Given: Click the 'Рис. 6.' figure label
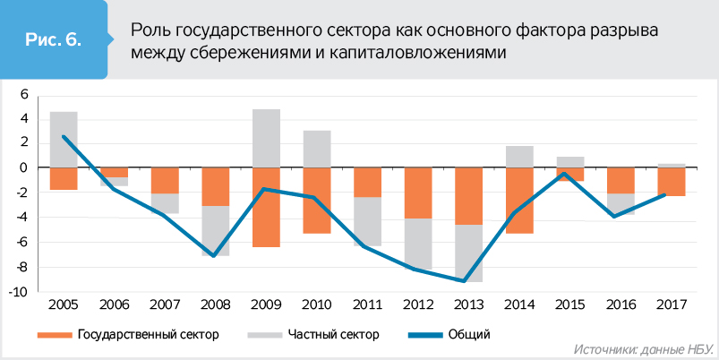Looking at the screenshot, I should point(55,40).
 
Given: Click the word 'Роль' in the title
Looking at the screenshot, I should point(150,30).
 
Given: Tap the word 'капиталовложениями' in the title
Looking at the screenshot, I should point(432,54).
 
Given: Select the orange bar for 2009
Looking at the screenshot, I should point(266,207).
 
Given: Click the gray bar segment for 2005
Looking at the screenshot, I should point(64,139).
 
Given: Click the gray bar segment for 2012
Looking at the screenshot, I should point(418,243).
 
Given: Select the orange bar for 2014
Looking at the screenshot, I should point(520,201).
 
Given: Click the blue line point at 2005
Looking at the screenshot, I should point(64,136).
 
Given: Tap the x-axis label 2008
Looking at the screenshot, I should point(216,304).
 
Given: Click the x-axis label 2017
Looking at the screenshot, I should point(672,304).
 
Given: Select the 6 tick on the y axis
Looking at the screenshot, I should point(25,94).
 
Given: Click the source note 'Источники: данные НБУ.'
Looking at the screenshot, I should point(641,348).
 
